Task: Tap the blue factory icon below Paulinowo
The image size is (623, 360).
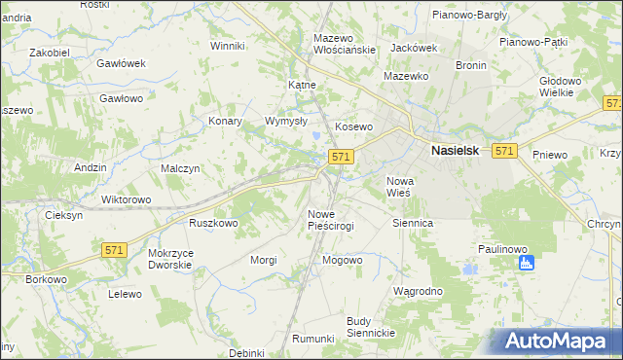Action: [x=528, y=263]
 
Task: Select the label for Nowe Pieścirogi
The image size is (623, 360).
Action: [x=330, y=219]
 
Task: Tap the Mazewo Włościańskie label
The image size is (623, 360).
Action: [x=344, y=44]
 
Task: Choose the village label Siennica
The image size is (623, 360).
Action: [x=412, y=223]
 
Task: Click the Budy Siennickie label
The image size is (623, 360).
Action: [x=370, y=327]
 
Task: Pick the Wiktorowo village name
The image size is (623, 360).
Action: [x=127, y=199]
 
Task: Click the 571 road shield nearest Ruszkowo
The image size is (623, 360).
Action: [x=114, y=250]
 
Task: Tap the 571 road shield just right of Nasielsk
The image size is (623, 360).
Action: [x=503, y=151]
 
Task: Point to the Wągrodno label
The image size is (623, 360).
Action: [x=418, y=291]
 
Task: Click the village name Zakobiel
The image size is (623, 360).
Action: [x=50, y=52]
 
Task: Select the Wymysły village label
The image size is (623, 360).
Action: [x=286, y=122]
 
